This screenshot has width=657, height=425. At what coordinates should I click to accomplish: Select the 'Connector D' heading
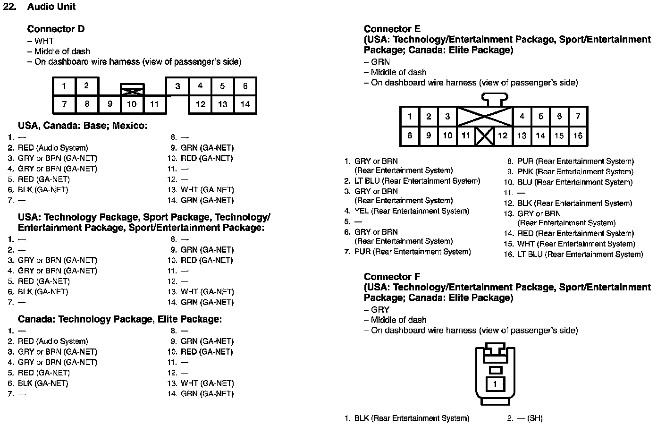pos(56,29)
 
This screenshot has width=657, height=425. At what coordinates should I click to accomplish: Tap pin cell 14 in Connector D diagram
pos(245,104)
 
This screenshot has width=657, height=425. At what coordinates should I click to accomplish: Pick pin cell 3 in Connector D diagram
pos(177,86)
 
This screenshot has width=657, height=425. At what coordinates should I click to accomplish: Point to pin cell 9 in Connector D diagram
pos(109,104)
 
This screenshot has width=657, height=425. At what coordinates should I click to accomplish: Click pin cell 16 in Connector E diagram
pos(578,136)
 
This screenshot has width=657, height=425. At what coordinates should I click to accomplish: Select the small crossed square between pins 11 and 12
pos(484,136)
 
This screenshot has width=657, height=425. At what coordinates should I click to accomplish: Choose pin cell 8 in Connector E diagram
pos(410,136)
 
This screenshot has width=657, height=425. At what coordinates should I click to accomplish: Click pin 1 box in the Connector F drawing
pos(495,384)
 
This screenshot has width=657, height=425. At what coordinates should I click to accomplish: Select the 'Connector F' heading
pos(392,277)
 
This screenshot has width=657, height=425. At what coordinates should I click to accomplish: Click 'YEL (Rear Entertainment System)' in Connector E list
pos(412,211)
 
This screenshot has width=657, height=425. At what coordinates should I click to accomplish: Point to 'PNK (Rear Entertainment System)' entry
pos(575,172)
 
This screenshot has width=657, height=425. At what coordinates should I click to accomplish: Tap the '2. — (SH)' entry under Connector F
pos(525,418)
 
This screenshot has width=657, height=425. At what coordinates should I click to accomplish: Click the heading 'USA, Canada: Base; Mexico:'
pos(83,126)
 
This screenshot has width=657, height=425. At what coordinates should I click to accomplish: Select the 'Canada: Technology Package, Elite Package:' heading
pos(120,319)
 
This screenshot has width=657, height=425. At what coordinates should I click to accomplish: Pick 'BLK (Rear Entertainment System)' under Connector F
pos(412,418)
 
